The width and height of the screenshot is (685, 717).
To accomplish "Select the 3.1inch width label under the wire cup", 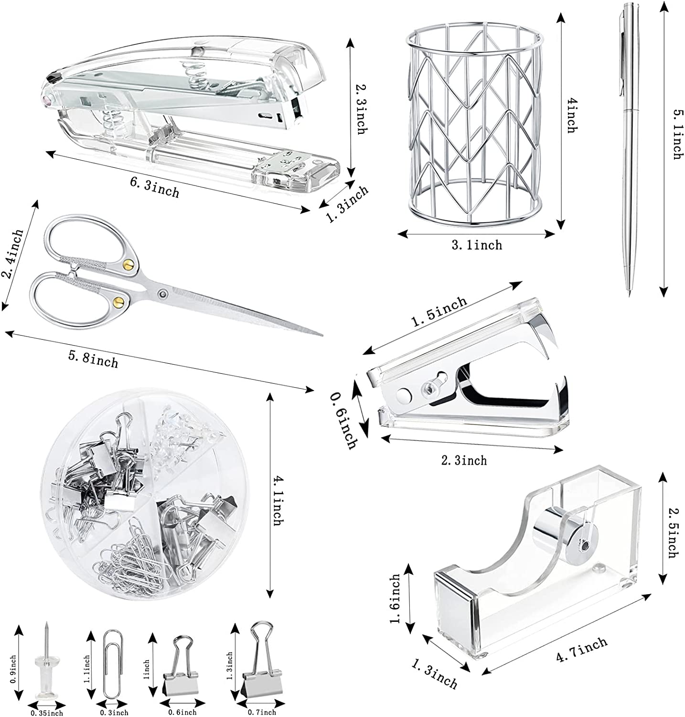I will pos(477,245).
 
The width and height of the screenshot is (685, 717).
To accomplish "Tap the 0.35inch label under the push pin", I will pos(47,713).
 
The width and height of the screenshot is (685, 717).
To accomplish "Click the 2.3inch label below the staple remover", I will pos(463,460).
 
